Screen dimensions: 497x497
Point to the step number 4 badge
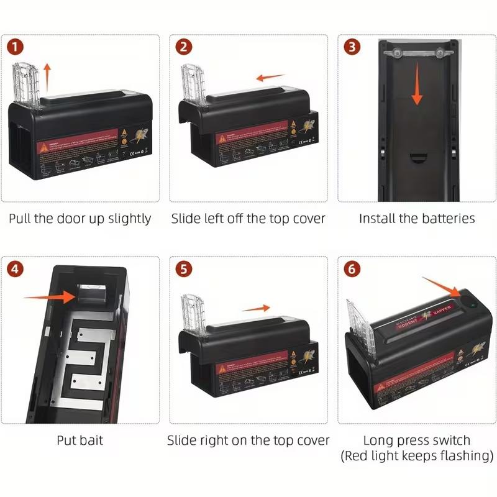coord(16,270)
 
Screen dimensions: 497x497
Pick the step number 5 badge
coord(184,270)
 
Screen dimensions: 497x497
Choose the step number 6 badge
coord(352,270)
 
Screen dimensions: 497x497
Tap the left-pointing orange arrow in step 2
coord(271,78)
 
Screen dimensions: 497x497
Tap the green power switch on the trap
coord(472,304)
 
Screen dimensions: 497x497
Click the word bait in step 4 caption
coord(91,440)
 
